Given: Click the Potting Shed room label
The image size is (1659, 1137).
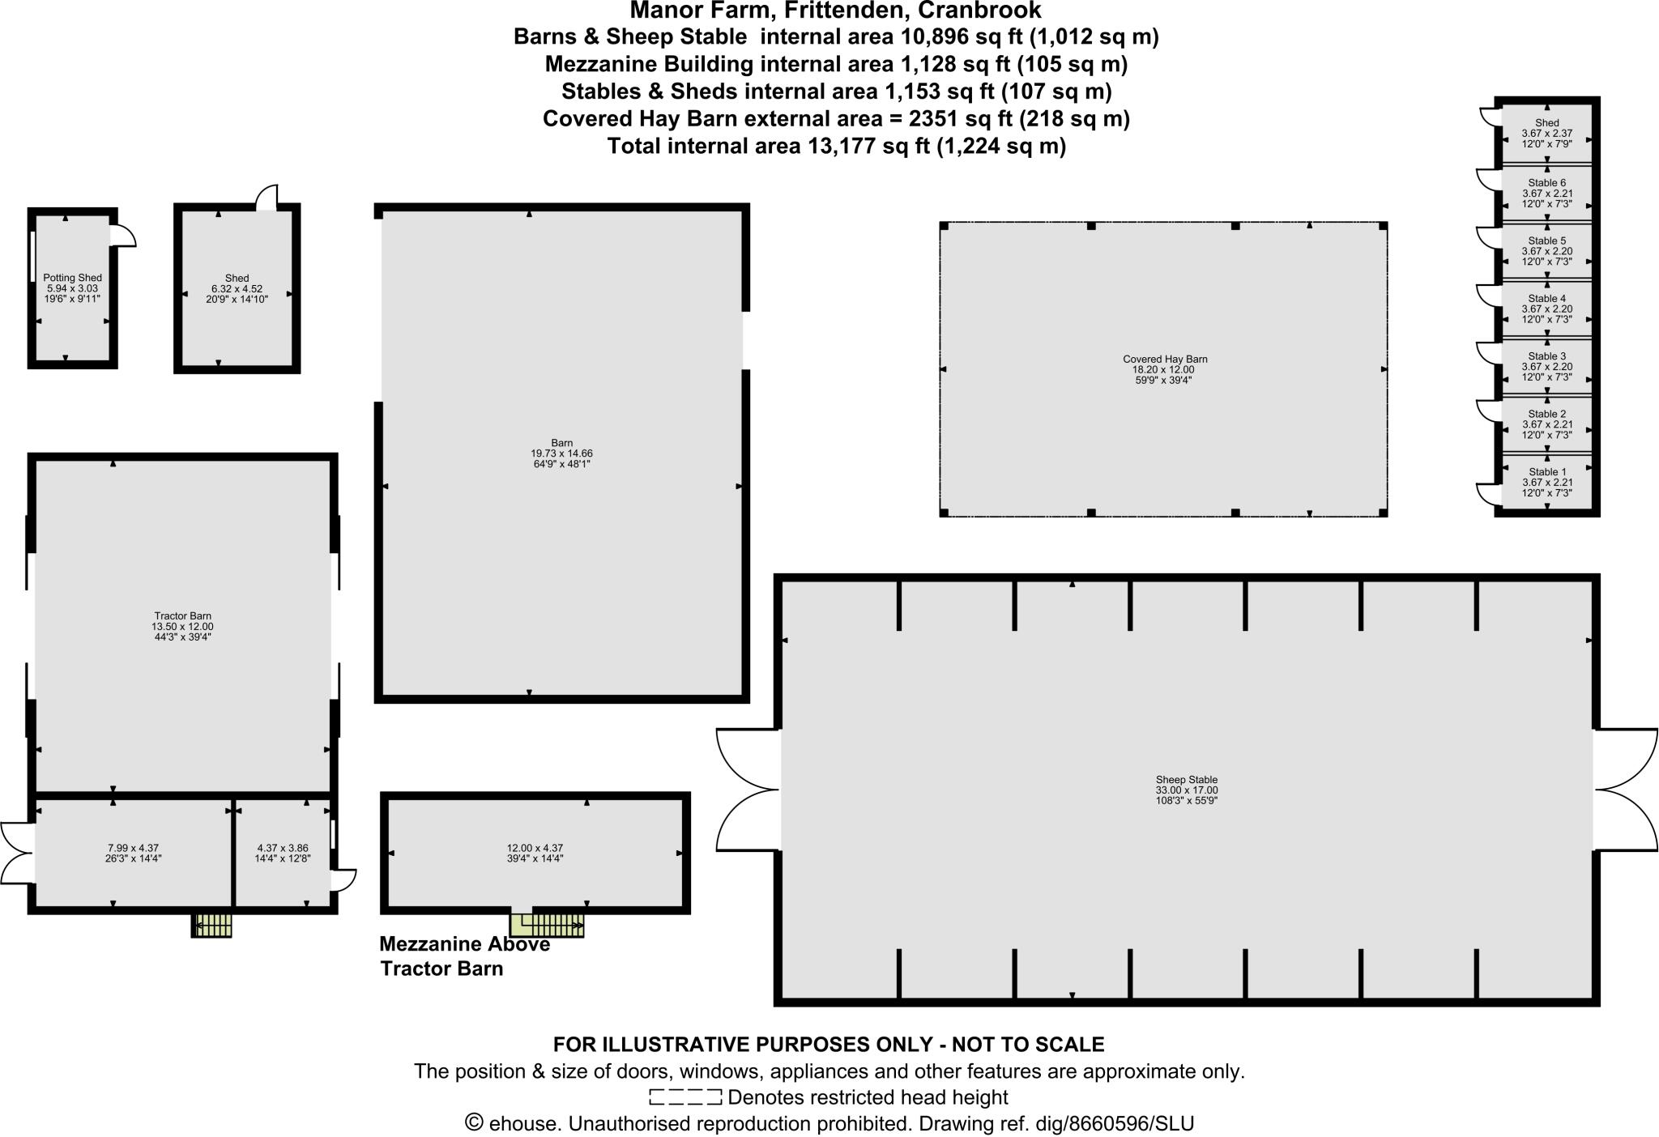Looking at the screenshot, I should pos(72,278).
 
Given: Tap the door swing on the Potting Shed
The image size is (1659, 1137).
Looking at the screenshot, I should pos(124,235).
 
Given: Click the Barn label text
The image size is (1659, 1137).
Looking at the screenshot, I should pos(561,443).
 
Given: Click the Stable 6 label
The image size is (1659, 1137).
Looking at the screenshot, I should pos(1546,183).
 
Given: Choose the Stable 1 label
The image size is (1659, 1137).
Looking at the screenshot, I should pos(1546,472).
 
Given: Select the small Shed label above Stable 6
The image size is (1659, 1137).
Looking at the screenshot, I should pos(1546,123).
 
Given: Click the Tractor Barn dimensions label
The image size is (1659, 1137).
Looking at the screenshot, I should pos(182,627).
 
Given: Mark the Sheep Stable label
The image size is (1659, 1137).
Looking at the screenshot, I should pos(1186,780).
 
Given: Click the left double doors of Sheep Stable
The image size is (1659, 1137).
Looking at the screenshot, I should pos(747,790).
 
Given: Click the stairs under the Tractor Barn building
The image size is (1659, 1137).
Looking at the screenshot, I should pos(212,924).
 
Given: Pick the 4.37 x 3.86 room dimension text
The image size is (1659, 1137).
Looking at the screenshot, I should pos(282,848).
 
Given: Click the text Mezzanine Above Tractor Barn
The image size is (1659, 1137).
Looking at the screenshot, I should pos(463,956).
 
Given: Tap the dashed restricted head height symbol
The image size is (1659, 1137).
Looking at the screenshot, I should pos(684,1097).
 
